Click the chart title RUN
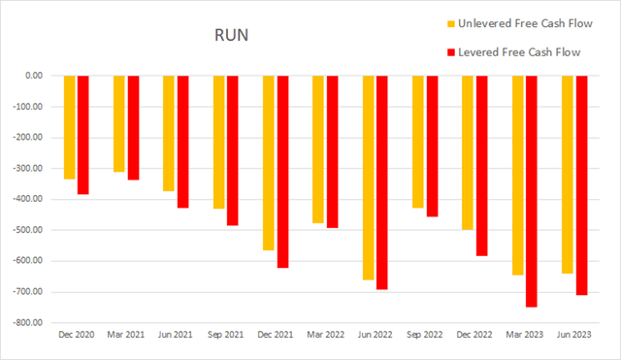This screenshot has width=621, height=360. pos(230,37)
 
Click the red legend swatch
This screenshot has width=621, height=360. pos(449,51)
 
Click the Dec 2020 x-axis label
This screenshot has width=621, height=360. pos(77,333)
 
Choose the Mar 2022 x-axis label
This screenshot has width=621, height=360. pos(326,333)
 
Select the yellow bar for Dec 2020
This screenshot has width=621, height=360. pos(70,127)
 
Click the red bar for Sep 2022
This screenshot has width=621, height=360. pos(433,146)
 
